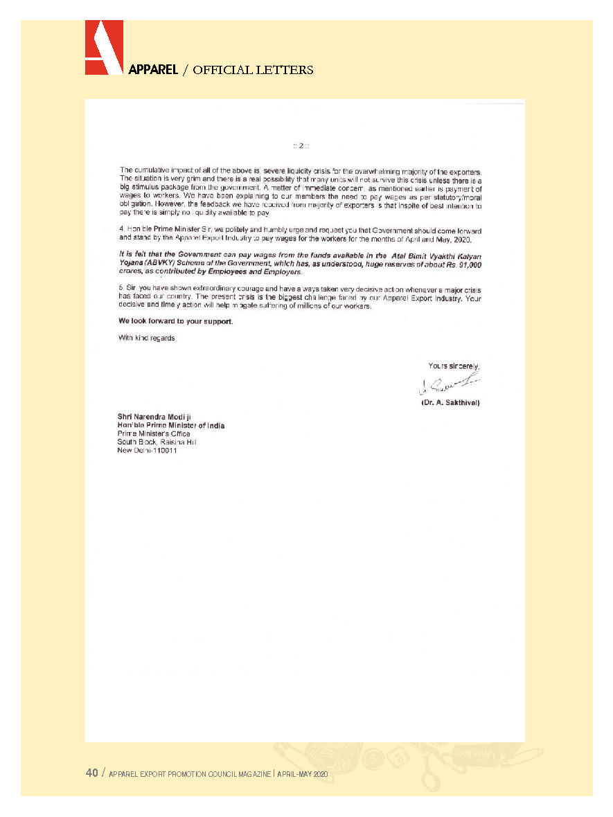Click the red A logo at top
click(104, 46)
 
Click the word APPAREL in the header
click(153, 70)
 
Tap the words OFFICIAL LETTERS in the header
click(253, 70)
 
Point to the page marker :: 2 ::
click(301, 145)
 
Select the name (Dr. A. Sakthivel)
click(450, 402)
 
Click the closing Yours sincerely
click(454, 366)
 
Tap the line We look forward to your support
click(175, 322)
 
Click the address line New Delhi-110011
click(148, 451)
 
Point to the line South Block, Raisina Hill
click(157, 442)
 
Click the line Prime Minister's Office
click(154, 434)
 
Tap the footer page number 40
click(92, 773)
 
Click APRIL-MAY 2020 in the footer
click(302, 773)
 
